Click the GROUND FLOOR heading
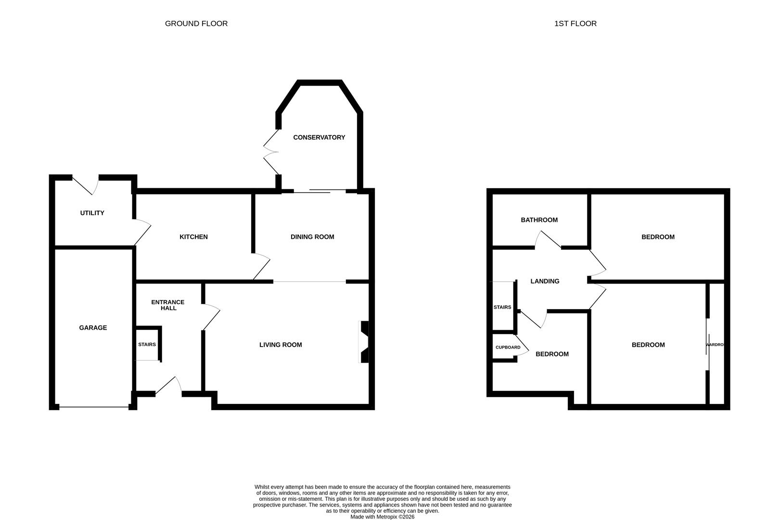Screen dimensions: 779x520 pyautogui.click(x=196, y=23)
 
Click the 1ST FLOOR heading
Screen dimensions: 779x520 pyautogui.click(x=575, y=23)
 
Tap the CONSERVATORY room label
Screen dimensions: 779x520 pyautogui.click(x=319, y=138)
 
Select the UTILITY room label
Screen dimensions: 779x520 pyautogui.click(x=92, y=213)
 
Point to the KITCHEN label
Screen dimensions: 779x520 pyautogui.click(x=193, y=237)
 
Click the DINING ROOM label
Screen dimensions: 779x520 pyautogui.click(x=312, y=237)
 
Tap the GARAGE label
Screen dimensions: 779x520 pyautogui.click(x=93, y=328)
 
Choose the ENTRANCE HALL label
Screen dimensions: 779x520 pyautogui.click(x=167, y=305)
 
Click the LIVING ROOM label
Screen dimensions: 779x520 pyautogui.click(x=281, y=345)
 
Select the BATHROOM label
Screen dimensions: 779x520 pyautogui.click(x=539, y=220)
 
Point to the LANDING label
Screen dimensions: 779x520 pyautogui.click(x=545, y=281)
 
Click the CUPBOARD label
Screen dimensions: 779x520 pyautogui.click(x=508, y=347)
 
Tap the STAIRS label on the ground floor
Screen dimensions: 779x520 pyautogui.click(x=147, y=345)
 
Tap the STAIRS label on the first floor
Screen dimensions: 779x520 pyautogui.click(x=502, y=307)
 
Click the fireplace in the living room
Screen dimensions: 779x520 pyautogui.click(x=363, y=342)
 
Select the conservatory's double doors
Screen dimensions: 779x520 pyautogui.click(x=271, y=152)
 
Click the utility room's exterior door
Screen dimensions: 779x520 pyautogui.click(x=86, y=185)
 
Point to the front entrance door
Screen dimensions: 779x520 pyautogui.click(x=169, y=387)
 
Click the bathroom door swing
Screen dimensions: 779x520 pyautogui.click(x=548, y=239)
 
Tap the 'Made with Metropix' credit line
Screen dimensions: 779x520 pyautogui.click(x=382, y=517)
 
